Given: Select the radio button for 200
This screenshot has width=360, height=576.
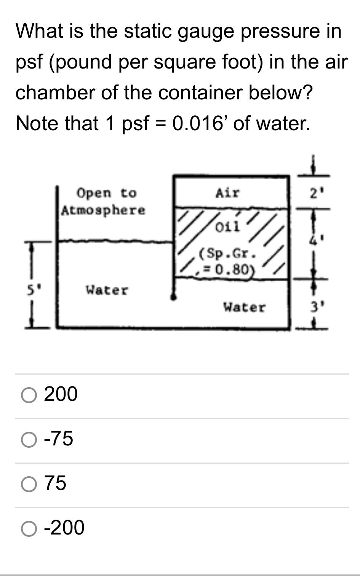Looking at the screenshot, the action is (29, 395).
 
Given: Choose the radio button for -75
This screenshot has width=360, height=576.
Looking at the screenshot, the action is (29, 440).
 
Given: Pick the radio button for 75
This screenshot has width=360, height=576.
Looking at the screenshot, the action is (29, 484).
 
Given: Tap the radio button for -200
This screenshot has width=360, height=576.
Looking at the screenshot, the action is (29, 529).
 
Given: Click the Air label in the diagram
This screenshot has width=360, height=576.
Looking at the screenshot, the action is (227, 193).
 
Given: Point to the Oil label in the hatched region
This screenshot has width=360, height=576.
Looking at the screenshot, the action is (227, 227).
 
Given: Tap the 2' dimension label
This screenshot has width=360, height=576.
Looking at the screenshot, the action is (314, 194).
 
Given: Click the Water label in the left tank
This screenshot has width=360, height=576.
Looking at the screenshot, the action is (107, 290).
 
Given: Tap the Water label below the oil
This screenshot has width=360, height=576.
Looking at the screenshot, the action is (244, 307).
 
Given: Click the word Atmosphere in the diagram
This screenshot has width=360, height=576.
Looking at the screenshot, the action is (103, 210).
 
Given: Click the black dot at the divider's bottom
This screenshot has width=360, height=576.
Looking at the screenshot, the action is (173, 297).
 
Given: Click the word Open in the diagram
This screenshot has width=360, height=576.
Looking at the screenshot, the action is (94, 193).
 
